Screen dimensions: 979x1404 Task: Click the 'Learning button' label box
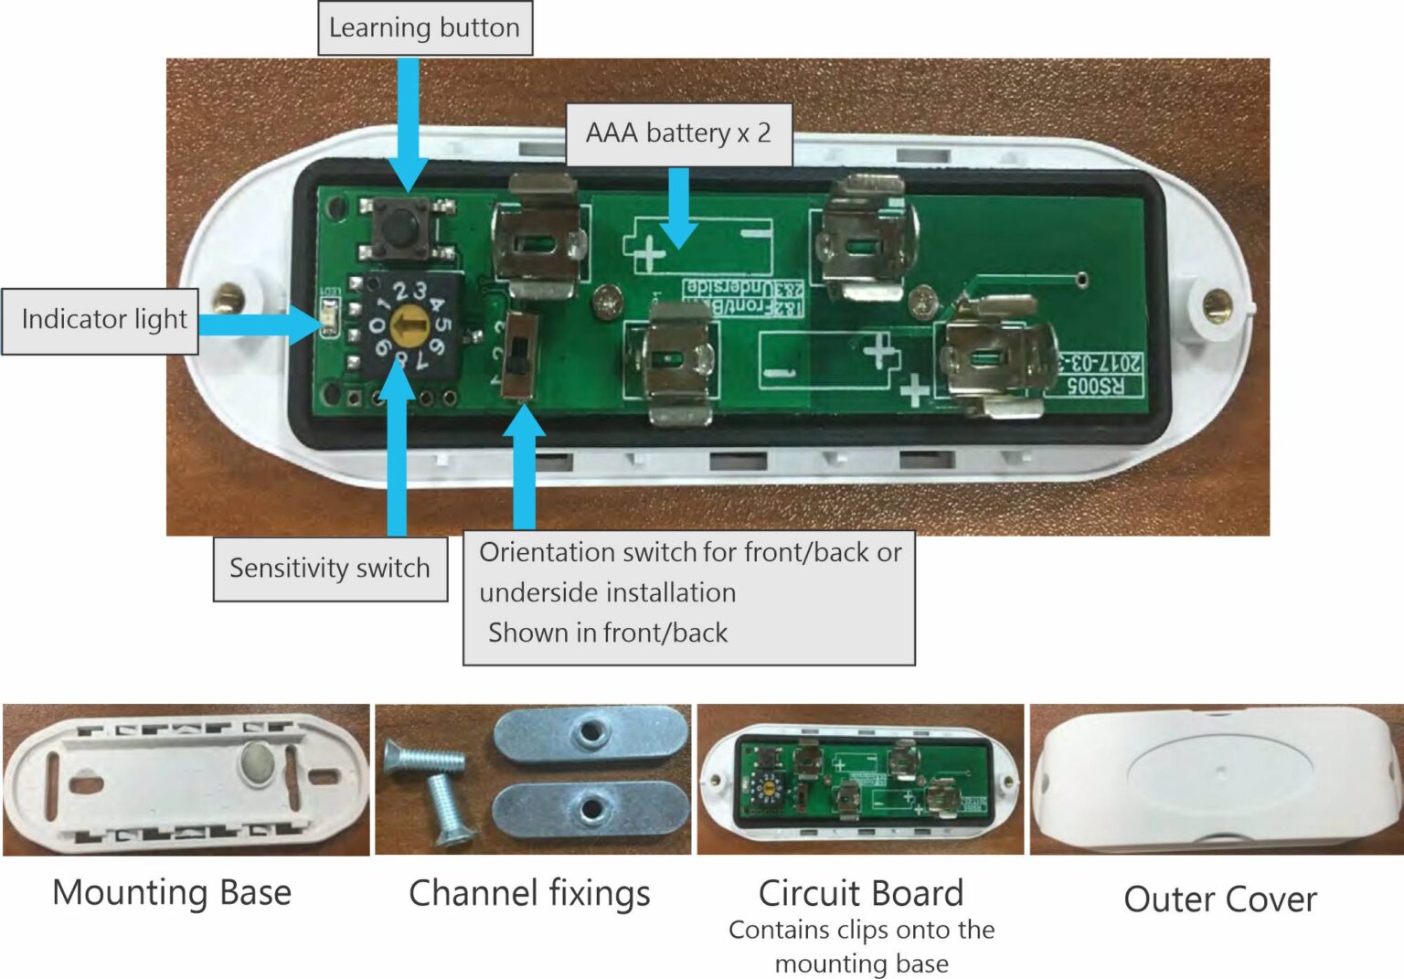[x=424, y=28]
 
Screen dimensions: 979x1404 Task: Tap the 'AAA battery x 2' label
[x=678, y=133]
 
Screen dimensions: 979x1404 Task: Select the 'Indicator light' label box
[x=102, y=320]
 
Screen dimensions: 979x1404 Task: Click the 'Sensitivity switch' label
[x=330, y=569]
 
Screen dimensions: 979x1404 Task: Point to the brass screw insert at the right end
[x=1217, y=303]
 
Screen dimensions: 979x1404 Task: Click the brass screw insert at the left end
[x=227, y=297]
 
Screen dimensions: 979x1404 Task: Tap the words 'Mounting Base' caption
[x=172, y=893]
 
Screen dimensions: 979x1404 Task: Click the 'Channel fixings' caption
[x=529, y=893]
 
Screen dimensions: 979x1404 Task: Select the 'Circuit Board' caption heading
[x=861, y=893]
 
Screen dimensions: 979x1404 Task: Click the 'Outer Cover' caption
[x=1220, y=899]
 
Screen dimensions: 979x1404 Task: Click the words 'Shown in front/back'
[x=608, y=633]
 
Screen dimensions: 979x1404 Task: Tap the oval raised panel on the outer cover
[x=1220, y=775]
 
